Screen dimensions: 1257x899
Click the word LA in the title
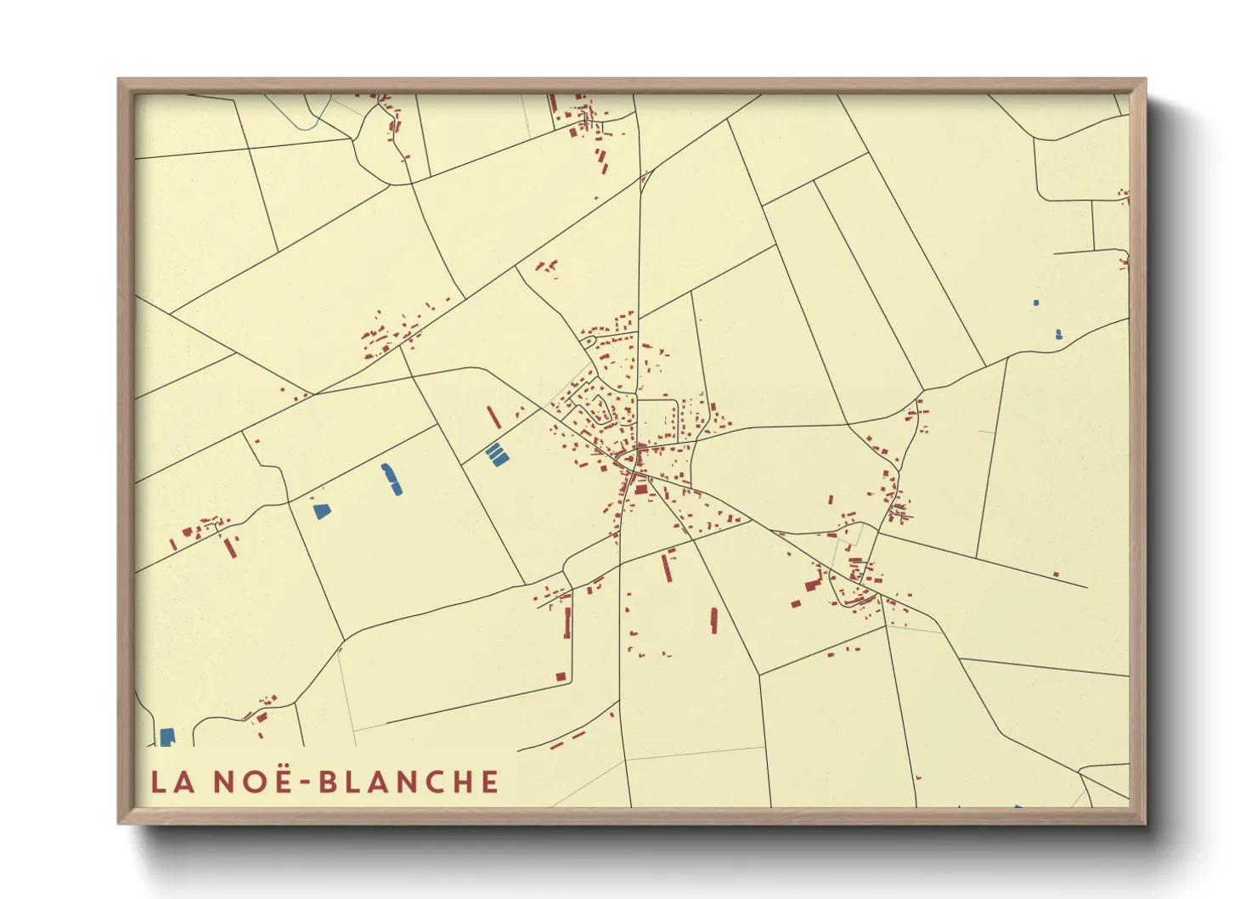[x=172, y=782]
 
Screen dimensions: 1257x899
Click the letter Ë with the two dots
[x=277, y=780]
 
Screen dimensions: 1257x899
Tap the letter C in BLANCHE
[x=428, y=782]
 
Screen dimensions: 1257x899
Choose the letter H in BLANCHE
[x=458, y=782]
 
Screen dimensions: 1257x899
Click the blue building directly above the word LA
[x=167, y=737]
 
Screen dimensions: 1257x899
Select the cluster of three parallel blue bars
[x=497, y=455]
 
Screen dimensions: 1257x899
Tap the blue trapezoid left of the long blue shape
[x=321, y=511]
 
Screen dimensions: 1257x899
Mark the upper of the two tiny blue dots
[x=1036, y=302]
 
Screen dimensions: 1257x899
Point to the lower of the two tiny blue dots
[x=1058, y=334]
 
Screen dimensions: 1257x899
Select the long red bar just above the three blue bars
[x=493, y=417]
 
